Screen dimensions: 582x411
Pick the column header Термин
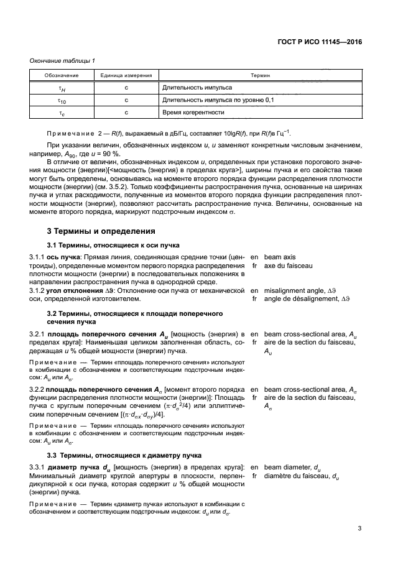(x=260, y=75)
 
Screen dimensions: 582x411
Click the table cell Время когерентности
(x=192, y=113)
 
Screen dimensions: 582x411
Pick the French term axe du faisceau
(x=288, y=266)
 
